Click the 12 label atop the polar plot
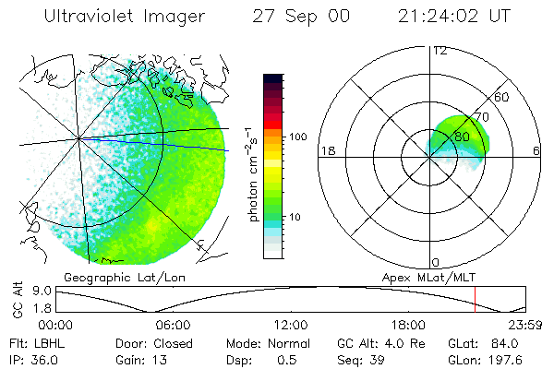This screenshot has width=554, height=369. coord(440,50)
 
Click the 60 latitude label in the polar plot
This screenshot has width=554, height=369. coord(501,97)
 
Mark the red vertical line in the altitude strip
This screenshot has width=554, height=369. coord(475,300)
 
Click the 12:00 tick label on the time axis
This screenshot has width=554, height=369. coord(291,325)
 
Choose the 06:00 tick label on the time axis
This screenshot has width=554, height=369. coord(174,325)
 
